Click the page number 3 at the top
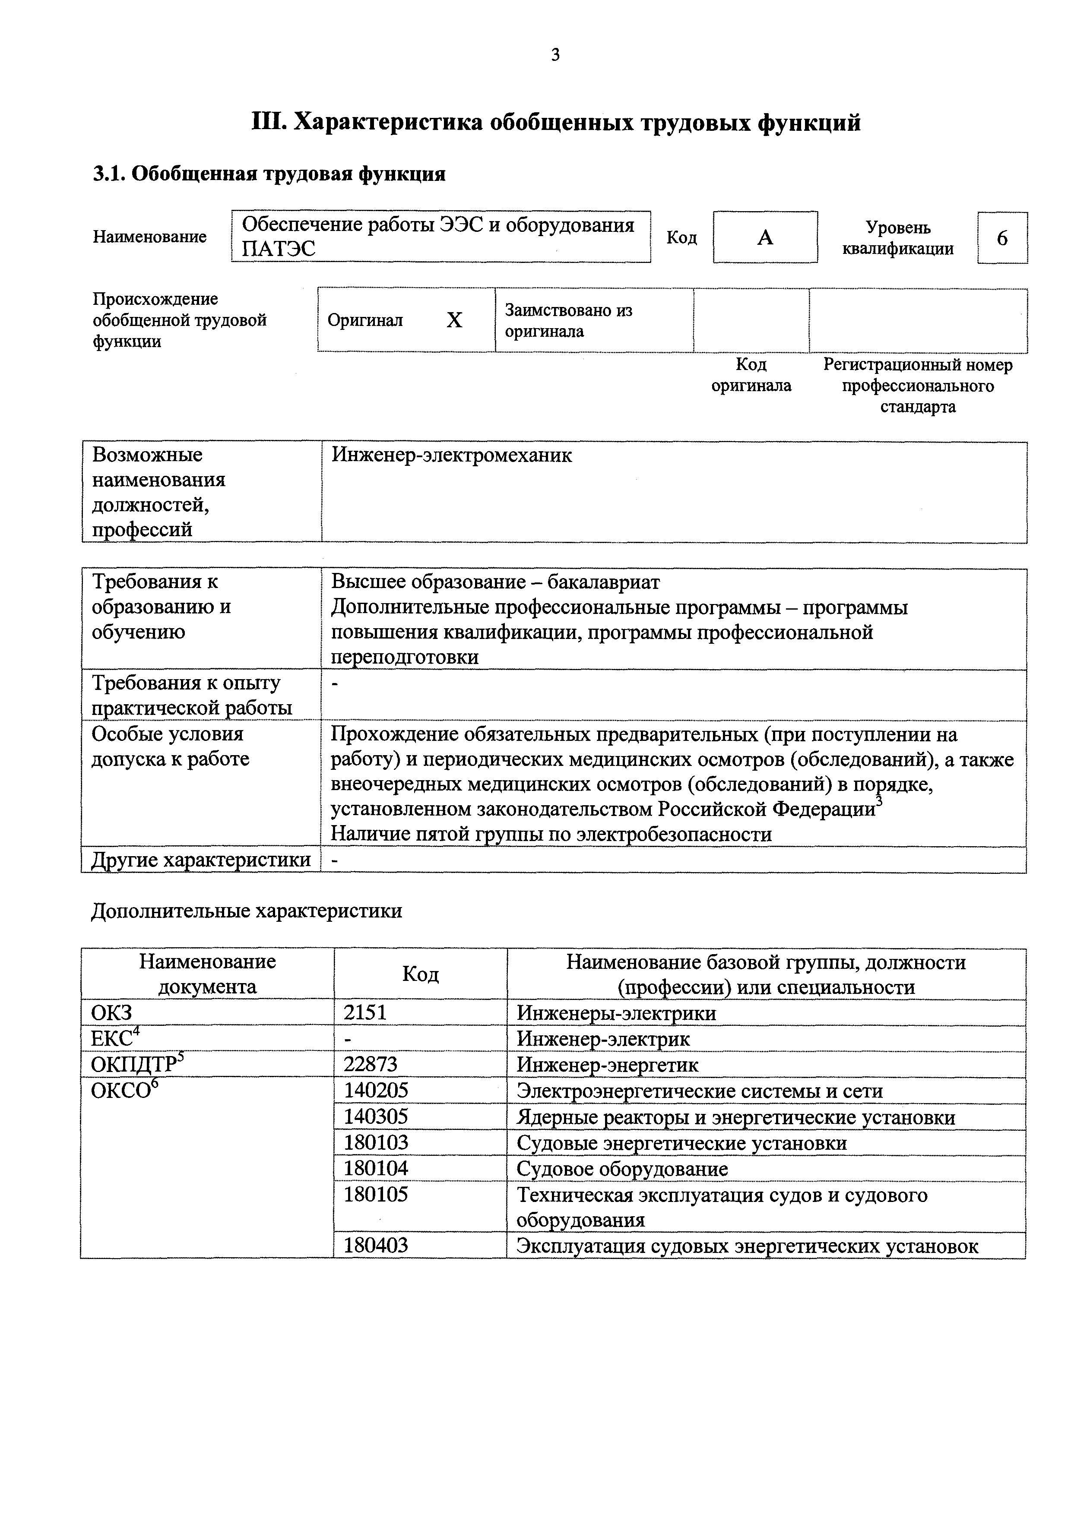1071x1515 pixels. pos(555,55)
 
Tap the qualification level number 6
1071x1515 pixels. pos(1002,238)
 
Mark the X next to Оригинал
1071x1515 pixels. pos(454,321)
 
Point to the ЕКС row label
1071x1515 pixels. pos(113,1039)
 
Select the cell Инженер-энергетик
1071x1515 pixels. pos(607,1064)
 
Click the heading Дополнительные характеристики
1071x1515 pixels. pos(246,911)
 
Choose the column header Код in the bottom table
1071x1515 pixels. pos(420,974)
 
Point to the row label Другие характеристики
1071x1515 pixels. pos(201,860)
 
